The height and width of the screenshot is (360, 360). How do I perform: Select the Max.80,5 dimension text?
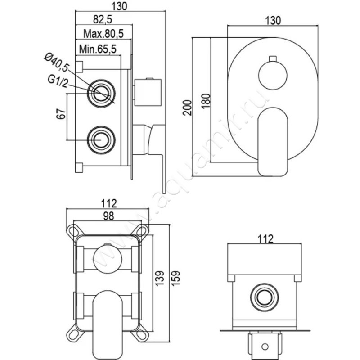[104, 33]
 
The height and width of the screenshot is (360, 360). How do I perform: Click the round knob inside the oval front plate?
[272, 76]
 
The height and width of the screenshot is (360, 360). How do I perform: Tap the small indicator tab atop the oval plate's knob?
[272, 58]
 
